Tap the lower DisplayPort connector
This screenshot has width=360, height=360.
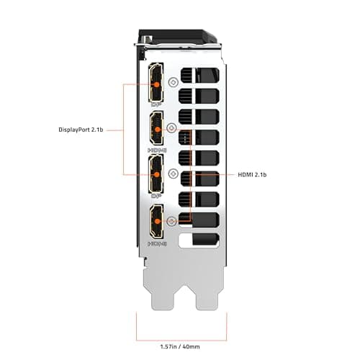click(156, 174)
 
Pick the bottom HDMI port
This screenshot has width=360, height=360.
click(156, 221)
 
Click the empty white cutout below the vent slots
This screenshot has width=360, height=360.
click(197, 241)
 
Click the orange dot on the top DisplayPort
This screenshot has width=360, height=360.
click(156, 84)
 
